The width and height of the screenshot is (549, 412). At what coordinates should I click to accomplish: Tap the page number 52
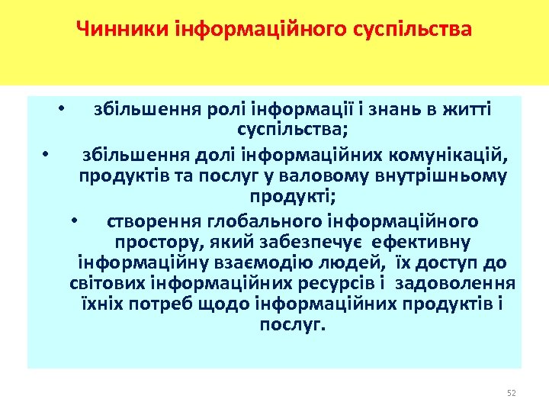512,393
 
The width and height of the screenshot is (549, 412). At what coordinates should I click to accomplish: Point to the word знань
389,109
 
